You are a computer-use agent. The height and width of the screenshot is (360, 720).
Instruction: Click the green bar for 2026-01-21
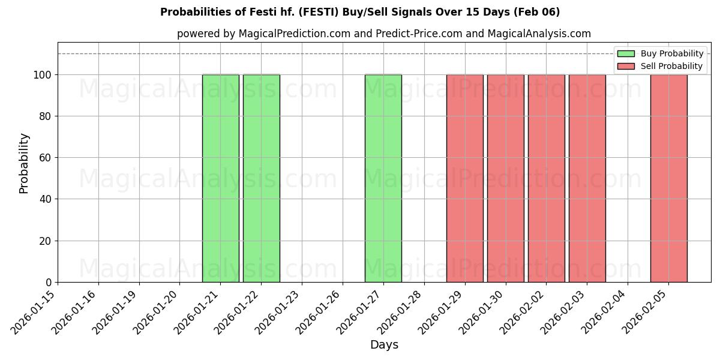coord(220,178)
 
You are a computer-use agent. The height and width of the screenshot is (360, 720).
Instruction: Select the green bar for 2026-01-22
coord(261,178)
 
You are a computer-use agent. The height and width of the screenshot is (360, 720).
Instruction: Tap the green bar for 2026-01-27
coord(383,178)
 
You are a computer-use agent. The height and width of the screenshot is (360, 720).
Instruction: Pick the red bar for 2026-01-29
coord(464,178)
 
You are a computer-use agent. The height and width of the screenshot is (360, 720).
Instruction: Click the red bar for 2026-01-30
coord(505,178)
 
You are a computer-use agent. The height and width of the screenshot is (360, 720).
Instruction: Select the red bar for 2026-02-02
coord(546,178)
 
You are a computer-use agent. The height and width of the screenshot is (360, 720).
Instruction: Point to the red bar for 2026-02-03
coord(587,178)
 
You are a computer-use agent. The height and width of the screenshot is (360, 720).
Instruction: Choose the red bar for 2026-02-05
coord(668,178)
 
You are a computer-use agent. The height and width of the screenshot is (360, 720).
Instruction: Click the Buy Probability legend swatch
coord(626,54)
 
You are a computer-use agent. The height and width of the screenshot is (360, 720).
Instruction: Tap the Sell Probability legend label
coord(671,67)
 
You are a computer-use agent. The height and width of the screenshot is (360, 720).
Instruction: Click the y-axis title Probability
coord(24,163)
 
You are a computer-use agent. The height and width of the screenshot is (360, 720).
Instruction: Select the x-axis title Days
coord(384,345)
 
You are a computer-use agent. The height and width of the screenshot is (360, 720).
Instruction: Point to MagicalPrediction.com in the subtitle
coord(294,34)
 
